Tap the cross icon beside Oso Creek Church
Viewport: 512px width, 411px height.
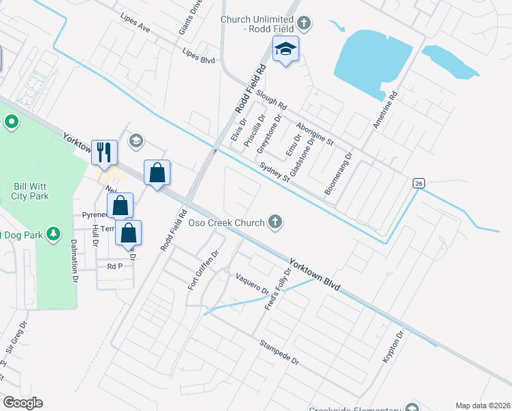tap(275, 221)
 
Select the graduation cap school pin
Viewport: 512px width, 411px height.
tap(286, 49)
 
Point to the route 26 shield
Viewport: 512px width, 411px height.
tap(418, 182)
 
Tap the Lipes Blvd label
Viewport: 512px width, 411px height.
tap(199, 55)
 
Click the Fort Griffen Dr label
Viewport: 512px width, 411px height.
tap(203, 269)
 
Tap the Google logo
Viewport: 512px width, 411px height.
tap(23, 403)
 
